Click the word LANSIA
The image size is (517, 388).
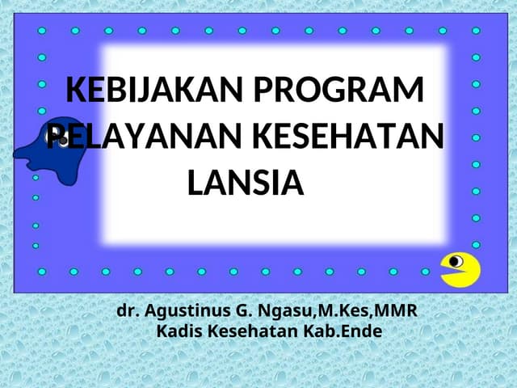point(245,182)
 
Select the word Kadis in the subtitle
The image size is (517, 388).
point(179,331)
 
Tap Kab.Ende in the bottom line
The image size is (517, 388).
point(342,331)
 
